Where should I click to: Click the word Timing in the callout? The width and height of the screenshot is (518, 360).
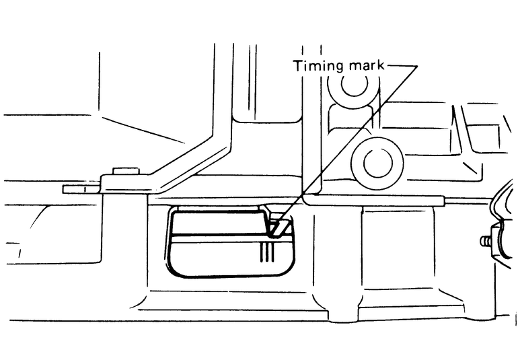point(313,66)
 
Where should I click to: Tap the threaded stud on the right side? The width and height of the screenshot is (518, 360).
point(486,240)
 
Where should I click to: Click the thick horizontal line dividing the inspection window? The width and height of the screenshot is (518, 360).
point(215,236)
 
